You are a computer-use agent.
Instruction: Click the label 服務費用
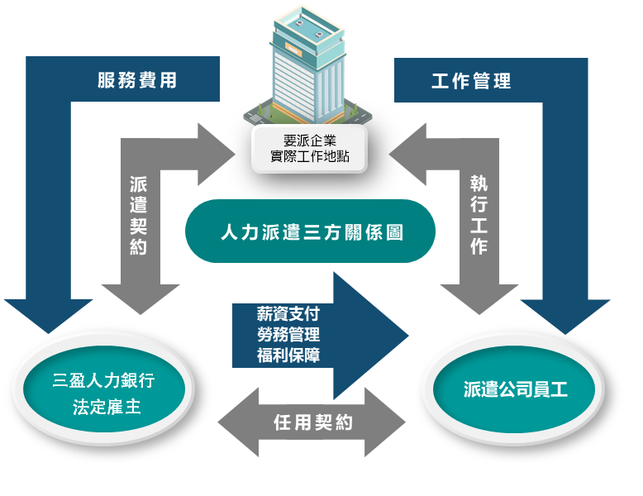click(x=137, y=80)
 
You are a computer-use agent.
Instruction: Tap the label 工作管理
click(x=471, y=81)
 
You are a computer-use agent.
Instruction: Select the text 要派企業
click(x=310, y=141)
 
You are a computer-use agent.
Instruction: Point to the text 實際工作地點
click(x=310, y=156)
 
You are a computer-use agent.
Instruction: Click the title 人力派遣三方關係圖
click(x=312, y=232)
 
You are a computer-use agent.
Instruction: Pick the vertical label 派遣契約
click(x=138, y=216)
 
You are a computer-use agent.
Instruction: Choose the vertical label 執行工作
click(x=479, y=215)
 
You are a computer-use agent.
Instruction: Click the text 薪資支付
click(x=288, y=314)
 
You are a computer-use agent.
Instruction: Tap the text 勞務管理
click(x=288, y=334)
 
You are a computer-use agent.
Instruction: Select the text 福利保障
click(x=288, y=355)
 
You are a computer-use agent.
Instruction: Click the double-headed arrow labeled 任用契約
click(x=312, y=422)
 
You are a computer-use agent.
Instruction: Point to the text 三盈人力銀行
click(x=103, y=380)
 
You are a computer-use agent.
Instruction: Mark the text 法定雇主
click(x=107, y=408)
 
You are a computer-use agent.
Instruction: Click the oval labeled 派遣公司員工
click(x=514, y=389)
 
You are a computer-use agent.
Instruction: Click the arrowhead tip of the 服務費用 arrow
click(x=49, y=333)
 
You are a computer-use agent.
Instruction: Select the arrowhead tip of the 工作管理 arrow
click(x=565, y=334)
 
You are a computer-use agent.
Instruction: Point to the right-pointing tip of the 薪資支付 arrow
click(x=408, y=336)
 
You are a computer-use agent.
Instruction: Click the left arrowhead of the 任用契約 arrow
click(x=218, y=422)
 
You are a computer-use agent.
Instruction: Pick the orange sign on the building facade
click(x=293, y=50)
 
